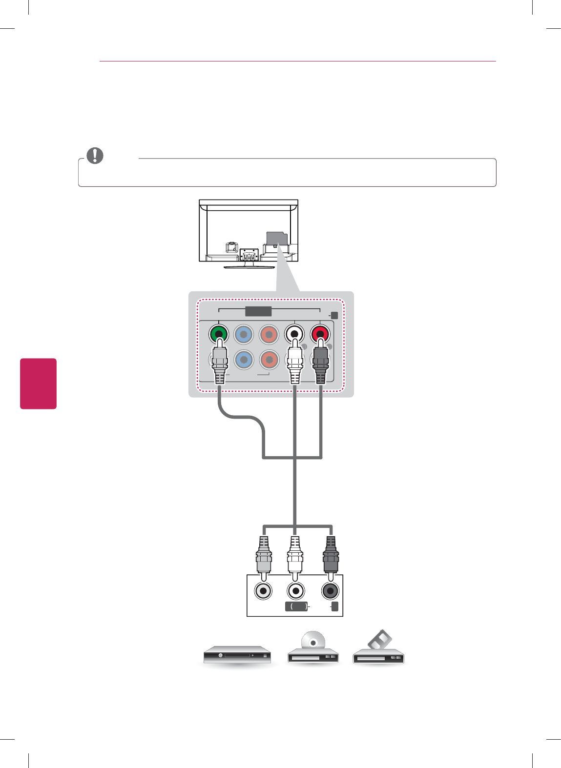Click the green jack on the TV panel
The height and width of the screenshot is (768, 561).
218,335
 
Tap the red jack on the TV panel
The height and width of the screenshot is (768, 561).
320,335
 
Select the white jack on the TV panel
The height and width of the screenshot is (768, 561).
294,335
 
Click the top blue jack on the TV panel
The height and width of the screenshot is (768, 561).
244,335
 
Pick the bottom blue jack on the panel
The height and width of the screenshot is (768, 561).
244,360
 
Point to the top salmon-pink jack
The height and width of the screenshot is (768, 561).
269,335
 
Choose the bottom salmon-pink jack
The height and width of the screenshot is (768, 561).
269,360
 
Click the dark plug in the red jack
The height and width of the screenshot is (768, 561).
320,364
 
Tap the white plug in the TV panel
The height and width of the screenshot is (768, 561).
294,364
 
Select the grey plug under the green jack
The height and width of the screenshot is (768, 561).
220,364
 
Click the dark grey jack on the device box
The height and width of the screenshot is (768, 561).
330,591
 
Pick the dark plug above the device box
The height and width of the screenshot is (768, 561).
331,555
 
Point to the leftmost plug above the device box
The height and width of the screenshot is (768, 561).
264,555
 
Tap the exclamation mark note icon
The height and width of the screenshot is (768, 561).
95,155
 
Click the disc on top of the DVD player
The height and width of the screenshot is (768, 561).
313,642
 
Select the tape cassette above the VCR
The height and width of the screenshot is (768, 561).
380,639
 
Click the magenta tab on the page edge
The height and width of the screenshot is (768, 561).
38,384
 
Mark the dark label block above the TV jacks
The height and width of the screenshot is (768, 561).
258,311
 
